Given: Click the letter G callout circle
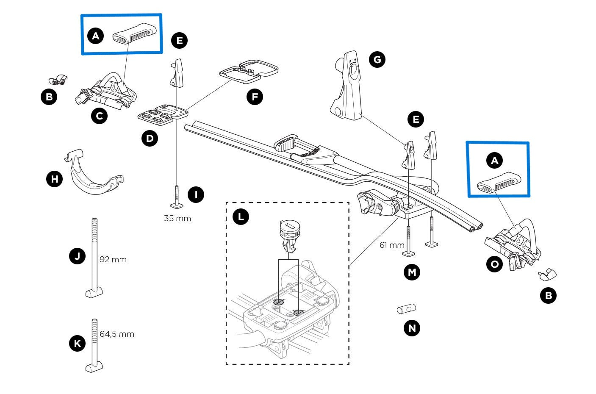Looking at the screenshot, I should [377, 59].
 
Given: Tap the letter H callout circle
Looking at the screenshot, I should [54, 179].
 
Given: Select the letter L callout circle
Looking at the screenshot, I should [241, 217].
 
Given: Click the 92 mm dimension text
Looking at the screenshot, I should [113, 259].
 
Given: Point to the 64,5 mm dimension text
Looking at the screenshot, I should [117, 334].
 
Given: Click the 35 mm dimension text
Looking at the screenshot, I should [177, 219].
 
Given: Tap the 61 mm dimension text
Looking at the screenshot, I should [392, 245].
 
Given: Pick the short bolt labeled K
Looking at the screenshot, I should [94, 345].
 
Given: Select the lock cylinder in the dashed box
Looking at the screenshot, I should [288, 236].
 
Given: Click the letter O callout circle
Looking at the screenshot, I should [494, 264].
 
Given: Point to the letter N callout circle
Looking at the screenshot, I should [412, 328].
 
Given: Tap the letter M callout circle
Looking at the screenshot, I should [412, 272].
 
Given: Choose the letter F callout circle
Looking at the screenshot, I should [254, 97].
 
